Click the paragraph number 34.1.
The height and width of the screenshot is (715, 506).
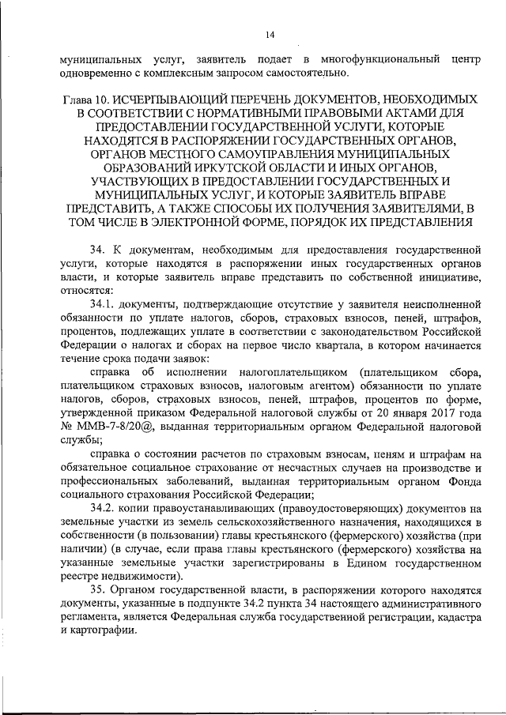(104, 303)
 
